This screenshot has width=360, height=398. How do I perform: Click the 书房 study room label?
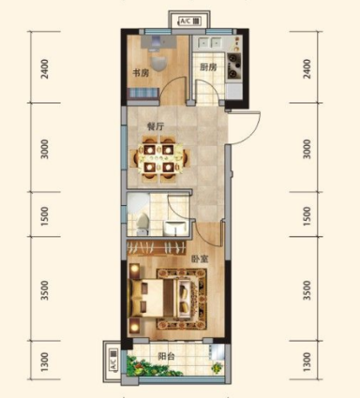point(141,73)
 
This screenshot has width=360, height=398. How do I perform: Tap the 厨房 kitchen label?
point(208,67)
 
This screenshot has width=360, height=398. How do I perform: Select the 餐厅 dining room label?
point(156,126)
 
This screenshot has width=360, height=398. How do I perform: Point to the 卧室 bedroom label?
point(200,258)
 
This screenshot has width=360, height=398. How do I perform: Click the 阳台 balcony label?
point(166,356)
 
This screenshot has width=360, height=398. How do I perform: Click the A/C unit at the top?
point(189,22)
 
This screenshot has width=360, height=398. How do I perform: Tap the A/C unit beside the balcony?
point(113,361)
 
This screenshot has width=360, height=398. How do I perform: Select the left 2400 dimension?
point(45,68)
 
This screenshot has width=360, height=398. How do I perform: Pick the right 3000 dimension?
point(307,149)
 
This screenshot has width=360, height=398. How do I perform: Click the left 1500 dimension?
point(45,216)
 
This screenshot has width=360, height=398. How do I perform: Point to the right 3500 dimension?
point(307,290)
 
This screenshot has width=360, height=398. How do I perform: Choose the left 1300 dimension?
point(45,361)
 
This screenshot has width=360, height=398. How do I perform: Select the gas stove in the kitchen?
point(234,66)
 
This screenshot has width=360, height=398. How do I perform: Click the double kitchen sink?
point(208,43)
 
